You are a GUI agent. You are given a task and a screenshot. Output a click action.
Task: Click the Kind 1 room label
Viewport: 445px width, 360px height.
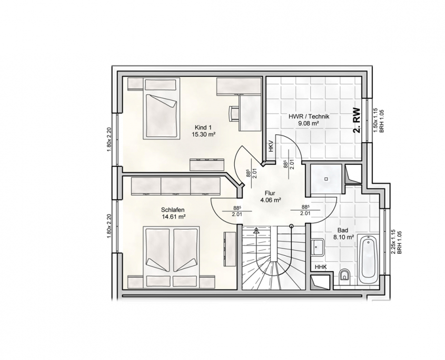[203, 127]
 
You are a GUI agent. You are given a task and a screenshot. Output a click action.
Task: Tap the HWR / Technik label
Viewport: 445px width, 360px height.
[309, 116]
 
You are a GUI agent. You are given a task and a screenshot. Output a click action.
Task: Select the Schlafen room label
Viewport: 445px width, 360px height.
[173, 210]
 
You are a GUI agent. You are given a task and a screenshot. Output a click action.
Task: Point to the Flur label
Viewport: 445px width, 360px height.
[270, 194]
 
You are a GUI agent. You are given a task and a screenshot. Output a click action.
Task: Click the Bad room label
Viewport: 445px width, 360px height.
[342, 230]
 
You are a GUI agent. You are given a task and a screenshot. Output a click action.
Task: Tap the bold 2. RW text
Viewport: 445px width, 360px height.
[357, 121]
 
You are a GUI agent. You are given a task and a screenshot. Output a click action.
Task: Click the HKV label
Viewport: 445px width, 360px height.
[271, 146]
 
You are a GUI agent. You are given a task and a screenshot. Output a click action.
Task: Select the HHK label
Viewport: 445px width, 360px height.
[321, 267]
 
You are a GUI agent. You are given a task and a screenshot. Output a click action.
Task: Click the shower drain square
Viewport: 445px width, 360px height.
[327, 179]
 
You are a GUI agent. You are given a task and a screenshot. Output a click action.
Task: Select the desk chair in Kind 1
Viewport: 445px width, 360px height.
[234, 113]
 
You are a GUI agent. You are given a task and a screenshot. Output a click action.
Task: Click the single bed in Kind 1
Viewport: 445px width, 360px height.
[162, 109]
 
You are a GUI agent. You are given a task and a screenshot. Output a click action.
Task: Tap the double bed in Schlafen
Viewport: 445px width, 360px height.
[172, 257]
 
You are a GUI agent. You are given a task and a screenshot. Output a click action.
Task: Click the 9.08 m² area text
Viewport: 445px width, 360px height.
[309, 123]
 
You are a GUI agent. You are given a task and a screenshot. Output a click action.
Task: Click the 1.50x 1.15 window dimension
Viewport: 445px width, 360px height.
[375, 121]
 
